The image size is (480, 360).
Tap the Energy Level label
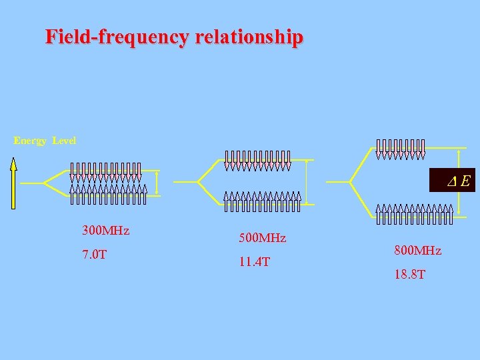click(x=45, y=141)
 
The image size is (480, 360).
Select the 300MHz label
click(x=105, y=231)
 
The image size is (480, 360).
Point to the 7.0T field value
click(x=94, y=255)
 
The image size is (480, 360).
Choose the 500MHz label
click(x=262, y=238)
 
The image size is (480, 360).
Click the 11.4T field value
click(x=254, y=262)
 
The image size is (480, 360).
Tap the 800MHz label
click(x=417, y=251)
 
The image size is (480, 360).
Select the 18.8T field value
click(x=409, y=275)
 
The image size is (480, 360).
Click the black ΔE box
click(x=452, y=180)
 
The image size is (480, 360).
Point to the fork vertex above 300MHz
click(x=43, y=182)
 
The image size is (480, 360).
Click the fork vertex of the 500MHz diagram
click(x=198, y=181)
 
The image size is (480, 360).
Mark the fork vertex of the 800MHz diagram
click(x=351, y=181)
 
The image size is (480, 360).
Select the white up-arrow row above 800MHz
click(x=414, y=213)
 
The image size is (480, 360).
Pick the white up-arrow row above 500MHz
click(x=262, y=201)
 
